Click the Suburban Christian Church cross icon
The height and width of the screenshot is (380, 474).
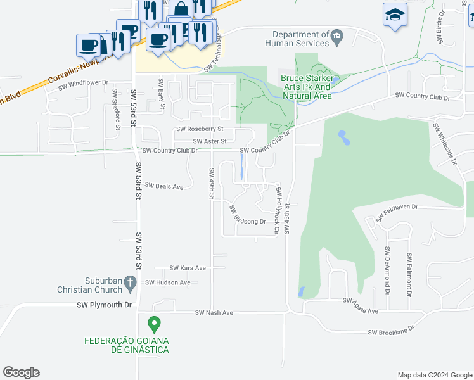tap(131, 282)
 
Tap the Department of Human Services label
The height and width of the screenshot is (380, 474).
tap(301, 39)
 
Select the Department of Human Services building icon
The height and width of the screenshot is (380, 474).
tap(337, 34)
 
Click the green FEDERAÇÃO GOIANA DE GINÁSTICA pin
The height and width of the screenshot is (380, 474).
tap(153, 325)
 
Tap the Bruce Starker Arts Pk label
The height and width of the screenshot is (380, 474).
tap(307, 87)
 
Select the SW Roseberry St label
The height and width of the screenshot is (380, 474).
tap(205, 129)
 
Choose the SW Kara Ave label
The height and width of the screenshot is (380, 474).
tap(188, 268)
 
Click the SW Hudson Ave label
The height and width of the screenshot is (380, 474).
tap(168, 282)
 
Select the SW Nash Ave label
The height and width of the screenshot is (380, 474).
tap(214, 312)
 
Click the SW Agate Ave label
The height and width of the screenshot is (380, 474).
tap(361, 305)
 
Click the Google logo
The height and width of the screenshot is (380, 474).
tap(21, 372)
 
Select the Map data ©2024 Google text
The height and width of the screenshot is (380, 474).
tap(434, 375)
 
